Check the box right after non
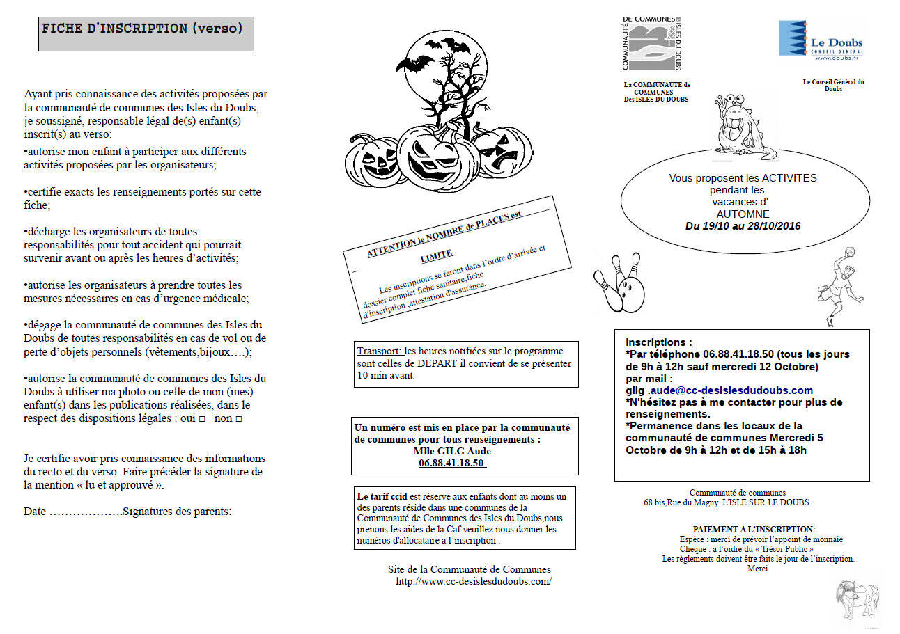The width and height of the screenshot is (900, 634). tap(239, 420)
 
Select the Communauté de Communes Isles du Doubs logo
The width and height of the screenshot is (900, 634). tap(651, 43)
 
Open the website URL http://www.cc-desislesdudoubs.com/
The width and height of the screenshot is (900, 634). tap(473, 581)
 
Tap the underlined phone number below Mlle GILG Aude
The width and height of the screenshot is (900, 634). tap(452, 463)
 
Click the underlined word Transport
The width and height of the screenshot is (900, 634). tap(380, 351)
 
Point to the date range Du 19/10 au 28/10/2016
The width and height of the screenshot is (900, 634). tap(743, 226)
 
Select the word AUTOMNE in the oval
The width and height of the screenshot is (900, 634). tap(743, 214)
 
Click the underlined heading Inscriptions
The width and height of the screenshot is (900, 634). tap(659, 342)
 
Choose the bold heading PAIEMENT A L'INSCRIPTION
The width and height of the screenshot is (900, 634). tap(753, 530)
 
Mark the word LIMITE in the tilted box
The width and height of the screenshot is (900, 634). tap(437, 255)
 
